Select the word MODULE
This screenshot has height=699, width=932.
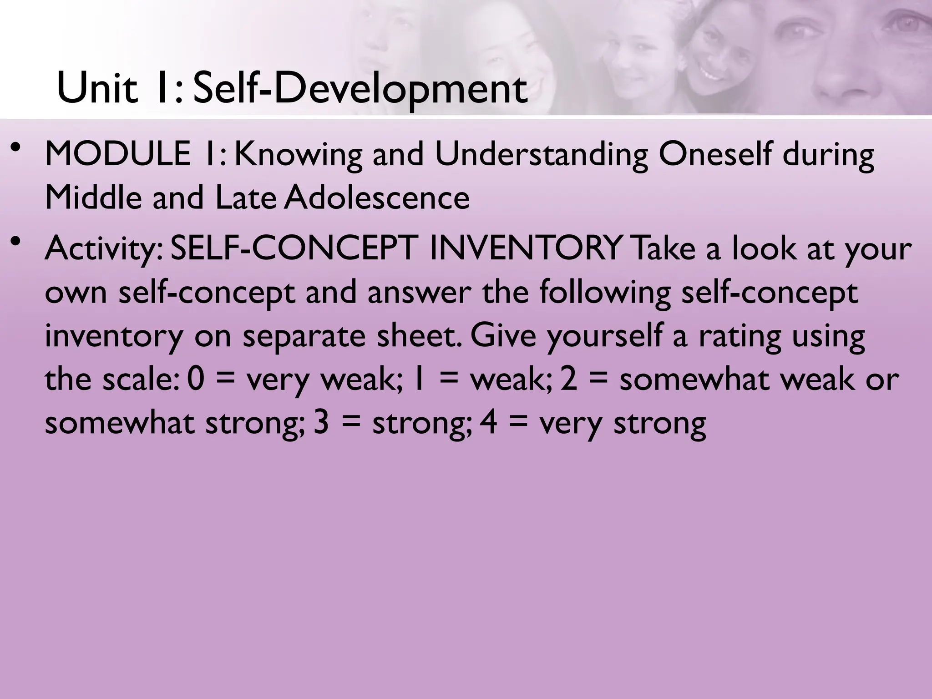click(x=118, y=154)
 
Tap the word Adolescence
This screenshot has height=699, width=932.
click(x=377, y=198)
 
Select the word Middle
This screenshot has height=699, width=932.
click(x=93, y=198)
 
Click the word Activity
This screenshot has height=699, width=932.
click(x=103, y=249)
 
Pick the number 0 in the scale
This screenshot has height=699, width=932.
click(x=195, y=380)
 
